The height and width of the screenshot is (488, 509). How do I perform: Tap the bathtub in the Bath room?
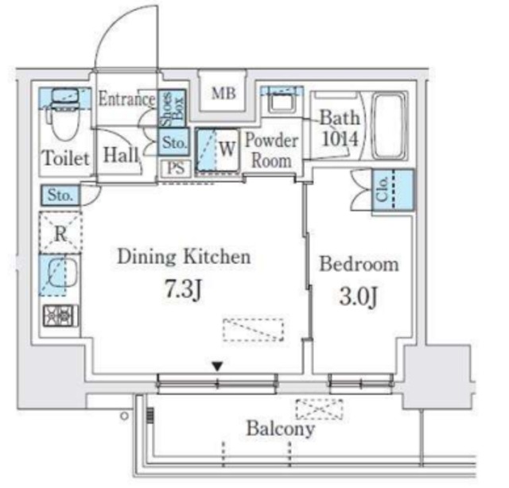[388, 126]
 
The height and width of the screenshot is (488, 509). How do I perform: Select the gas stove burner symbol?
[60, 316]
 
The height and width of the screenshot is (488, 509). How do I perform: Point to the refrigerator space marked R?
[60, 232]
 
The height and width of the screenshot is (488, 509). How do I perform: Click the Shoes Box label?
[172, 109]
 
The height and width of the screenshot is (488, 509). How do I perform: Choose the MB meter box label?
[223, 94]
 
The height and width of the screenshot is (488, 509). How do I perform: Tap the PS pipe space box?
[176, 168]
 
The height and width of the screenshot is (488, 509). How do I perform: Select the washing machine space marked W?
[218, 150]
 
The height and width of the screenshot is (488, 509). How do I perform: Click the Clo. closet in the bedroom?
[393, 190]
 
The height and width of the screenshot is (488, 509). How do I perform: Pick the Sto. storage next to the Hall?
[174, 142]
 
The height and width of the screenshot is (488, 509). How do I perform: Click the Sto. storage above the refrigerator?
[60, 196]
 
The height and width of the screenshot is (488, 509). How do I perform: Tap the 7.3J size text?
[184, 289]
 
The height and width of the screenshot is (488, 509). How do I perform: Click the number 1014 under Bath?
[340, 139]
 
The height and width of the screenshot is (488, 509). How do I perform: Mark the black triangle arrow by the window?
[217, 366]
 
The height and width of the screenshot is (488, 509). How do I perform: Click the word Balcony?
[281, 429]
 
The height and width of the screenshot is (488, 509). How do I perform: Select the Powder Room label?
[271, 150]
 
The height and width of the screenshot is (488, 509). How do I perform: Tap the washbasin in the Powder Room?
[282, 100]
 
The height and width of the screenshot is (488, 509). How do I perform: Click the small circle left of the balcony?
[124, 416]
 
